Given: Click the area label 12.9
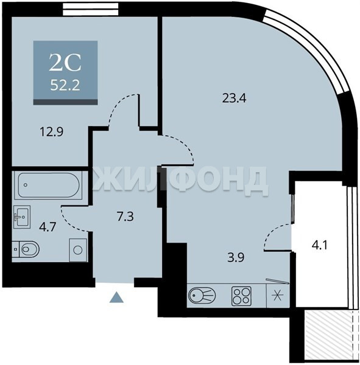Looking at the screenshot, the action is pos(52,132).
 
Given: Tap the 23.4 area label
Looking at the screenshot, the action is pos(235,98).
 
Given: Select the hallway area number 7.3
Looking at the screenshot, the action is pos(125,217).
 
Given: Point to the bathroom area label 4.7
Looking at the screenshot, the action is pos(48,227).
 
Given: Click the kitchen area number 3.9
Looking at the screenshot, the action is pos(236,257).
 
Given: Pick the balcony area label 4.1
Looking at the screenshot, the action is pos(320,245).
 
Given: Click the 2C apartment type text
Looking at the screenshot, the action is pos(65,63).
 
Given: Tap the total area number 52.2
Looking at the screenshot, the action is pos(65,85).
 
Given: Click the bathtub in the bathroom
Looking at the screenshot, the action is pos(49,185).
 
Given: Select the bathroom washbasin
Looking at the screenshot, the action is pos(22,217).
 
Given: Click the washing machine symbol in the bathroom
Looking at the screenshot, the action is pos(78,250).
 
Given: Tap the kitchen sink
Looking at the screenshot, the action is pos(202,296).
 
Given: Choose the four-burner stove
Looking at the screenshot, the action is pos(241,296).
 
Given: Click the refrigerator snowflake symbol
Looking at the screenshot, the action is pos(277,296).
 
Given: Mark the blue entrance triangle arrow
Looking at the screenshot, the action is pos(116,297).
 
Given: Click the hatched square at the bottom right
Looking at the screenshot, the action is pos(328,335).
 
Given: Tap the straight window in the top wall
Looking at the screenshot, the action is pos(90,9).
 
